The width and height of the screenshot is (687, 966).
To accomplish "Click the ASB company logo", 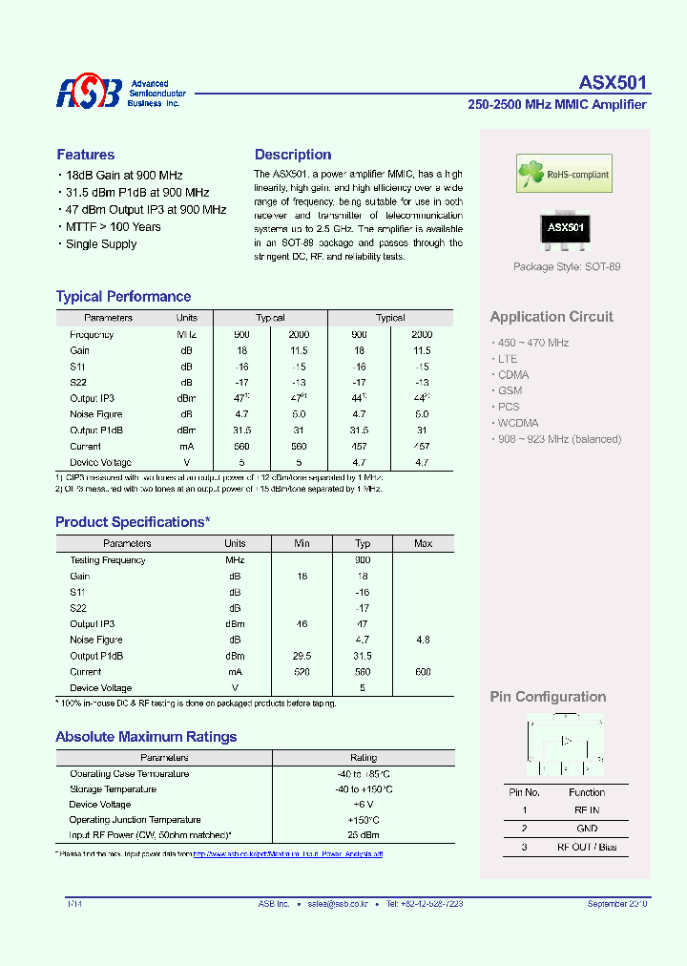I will click(89, 93).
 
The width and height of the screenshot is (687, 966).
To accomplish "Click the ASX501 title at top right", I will click(614, 83).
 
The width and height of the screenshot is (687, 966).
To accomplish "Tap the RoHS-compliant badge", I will click(564, 174).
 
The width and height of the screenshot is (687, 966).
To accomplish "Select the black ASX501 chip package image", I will click(565, 228).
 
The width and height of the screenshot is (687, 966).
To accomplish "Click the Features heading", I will click(86, 155).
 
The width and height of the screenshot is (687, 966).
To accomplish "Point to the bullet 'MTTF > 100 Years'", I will click(113, 227).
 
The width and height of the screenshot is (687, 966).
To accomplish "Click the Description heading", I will click(293, 155).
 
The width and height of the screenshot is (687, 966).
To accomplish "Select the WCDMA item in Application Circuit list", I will click(517, 423).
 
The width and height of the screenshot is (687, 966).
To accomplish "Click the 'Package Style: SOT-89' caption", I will click(567, 266).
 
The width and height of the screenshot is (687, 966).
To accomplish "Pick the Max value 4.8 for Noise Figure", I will click(423, 640).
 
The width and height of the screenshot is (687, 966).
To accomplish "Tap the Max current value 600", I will click(423, 672).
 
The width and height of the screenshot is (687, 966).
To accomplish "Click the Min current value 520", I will click(302, 672).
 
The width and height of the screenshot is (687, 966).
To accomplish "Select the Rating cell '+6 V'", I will click(364, 805).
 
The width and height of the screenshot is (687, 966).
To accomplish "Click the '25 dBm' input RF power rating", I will click(364, 835).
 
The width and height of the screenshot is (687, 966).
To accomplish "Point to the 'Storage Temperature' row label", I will click(113, 789).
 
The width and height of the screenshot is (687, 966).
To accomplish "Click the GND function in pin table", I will click(587, 829).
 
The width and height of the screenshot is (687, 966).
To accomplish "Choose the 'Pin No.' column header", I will click(524, 792).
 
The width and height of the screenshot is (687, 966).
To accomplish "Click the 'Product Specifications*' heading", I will click(133, 522).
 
